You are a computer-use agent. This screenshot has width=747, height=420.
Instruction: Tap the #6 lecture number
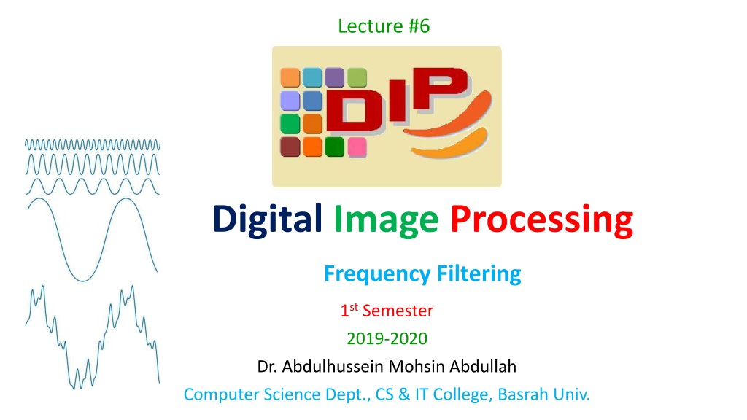pyautogui.click(x=419, y=26)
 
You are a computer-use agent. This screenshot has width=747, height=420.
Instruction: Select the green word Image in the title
pyautogui.click(x=386, y=221)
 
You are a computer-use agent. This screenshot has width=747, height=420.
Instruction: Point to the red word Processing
pyautogui.click(x=542, y=221)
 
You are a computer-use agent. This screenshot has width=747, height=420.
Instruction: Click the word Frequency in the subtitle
pyautogui.click(x=377, y=274)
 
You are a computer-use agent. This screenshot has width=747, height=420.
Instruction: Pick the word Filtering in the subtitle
pyautogui.click(x=479, y=274)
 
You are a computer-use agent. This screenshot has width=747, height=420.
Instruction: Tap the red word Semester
pyautogui.click(x=398, y=311)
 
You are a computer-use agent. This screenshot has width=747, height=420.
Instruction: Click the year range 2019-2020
pyautogui.click(x=387, y=338)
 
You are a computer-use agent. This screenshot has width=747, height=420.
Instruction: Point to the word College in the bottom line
pyautogui.click(x=461, y=395)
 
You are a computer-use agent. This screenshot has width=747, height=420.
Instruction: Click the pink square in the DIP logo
pyautogui.click(x=357, y=147)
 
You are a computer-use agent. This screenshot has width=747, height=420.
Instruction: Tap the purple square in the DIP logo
pyautogui.click(x=334, y=77)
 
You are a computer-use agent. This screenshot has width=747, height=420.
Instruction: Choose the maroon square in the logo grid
pyautogui.click(x=290, y=147)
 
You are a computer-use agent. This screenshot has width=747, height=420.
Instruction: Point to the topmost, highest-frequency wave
pyautogui.click(x=93, y=145)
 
